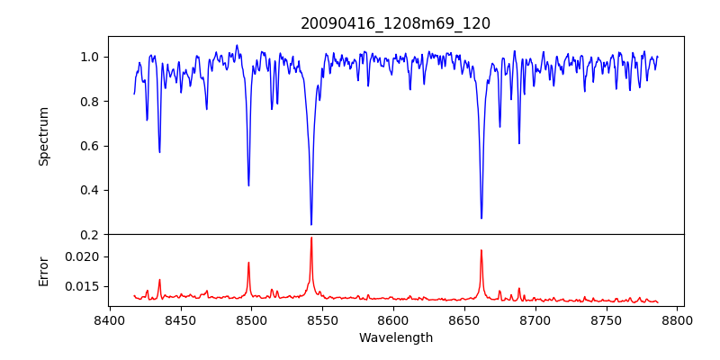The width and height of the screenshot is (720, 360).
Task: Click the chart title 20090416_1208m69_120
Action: tap(396, 23)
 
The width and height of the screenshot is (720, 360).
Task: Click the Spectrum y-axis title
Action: tap(43, 136)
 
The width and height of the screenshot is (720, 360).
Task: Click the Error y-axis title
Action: tap(43, 270)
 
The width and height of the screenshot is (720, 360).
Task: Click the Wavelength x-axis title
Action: tap(396, 338)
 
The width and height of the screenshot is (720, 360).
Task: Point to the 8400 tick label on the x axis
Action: tap(109, 319)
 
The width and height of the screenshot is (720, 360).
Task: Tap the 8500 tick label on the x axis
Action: tap(251, 319)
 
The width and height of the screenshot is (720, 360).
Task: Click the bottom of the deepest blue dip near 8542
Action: tap(311, 224)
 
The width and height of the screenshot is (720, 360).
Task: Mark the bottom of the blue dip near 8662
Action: tap(481, 218)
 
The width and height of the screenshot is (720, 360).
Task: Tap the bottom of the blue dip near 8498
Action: tap(248, 185)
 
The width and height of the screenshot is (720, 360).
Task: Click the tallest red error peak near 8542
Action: tap(311, 238)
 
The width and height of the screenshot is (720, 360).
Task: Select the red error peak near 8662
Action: tap(481, 250)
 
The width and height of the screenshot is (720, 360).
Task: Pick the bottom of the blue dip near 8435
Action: tap(159, 151)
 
